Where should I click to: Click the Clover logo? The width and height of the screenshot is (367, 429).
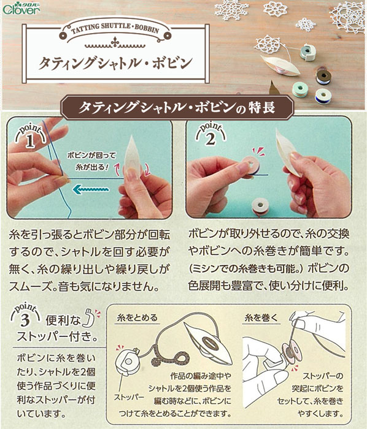pos(21,9)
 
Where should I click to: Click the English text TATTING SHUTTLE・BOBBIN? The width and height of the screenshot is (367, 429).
pos(115,29)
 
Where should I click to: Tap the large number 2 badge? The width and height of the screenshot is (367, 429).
pos(211,135)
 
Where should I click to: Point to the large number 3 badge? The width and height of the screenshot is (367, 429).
pos(25,316)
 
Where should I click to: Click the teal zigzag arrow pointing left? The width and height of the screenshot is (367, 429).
pos(91,189)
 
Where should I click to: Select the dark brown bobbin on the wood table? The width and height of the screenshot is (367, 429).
pos(323,77)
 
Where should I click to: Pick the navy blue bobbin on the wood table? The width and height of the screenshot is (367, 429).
pos(323,96)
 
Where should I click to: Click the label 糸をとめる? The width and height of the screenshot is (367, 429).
pos(137,317)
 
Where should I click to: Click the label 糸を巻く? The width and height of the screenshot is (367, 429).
pos(261,317)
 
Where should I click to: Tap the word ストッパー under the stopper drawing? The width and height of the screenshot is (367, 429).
pos(129,397)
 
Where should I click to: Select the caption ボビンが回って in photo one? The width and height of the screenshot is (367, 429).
pos(91,156)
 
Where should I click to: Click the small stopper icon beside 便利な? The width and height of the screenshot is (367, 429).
pos(90,317)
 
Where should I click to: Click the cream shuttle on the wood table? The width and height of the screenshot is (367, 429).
pos(279,66)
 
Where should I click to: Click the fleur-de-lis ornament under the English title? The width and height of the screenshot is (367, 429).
pos(115,42)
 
